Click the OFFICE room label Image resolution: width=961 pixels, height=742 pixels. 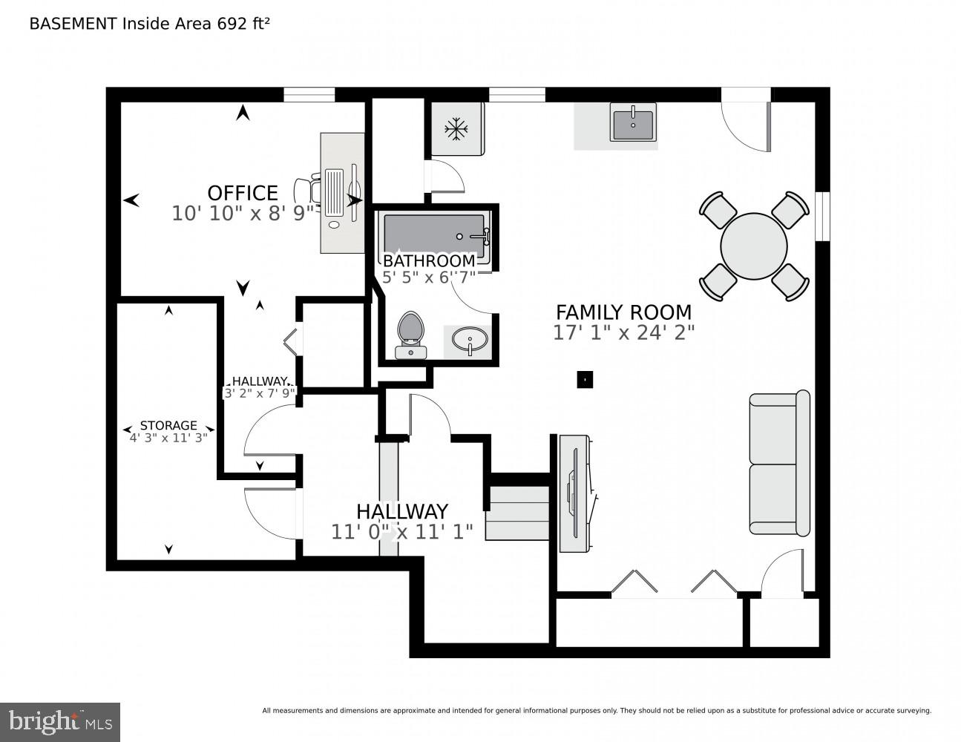pos(243,193)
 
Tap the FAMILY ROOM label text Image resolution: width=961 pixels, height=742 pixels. pos(623,312)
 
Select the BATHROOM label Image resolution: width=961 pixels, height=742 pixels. pos(429,261)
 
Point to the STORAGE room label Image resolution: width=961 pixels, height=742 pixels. pos(168,425)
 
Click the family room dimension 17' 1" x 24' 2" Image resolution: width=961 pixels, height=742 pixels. pos(623,333)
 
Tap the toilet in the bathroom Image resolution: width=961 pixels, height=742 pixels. pos(410,335)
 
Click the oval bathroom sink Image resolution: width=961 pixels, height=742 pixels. pos(470,341)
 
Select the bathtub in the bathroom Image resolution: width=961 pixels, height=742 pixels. pos(434,235)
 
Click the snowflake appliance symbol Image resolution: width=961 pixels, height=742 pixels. pos(456,130)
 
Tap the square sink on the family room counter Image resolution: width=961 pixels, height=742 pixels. pos(632,122)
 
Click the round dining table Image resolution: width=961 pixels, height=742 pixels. pos(754,246)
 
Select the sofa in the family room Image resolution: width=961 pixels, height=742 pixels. pos(779,463)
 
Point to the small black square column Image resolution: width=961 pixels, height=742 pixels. pos(585,379)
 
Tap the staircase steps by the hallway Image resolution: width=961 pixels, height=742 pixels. pos(517,513)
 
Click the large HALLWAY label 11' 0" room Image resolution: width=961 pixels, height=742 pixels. pos(401,511)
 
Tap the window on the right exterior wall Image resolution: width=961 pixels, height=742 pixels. pos(822,217)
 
